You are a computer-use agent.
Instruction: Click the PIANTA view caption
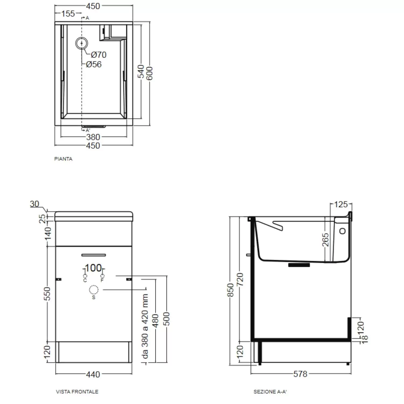[63, 159]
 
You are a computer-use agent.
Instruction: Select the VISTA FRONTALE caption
[77, 392]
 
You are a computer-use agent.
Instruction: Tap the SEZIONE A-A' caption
[270, 392]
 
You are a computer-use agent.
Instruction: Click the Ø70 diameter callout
[99, 55]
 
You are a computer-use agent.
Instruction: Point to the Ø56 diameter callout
[94, 64]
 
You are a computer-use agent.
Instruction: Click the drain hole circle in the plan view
[82, 43]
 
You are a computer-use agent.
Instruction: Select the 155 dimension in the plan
[68, 13]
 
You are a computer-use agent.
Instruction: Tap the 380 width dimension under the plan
[93, 137]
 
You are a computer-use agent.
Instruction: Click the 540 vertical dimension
[141, 71]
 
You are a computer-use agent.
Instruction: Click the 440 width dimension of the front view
[93, 374]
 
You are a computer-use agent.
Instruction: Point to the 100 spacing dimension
[93, 268]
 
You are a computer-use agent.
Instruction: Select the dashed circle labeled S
[93, 290]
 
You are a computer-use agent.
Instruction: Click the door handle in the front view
[93, 255]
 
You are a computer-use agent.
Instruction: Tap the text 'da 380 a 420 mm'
[145, 326]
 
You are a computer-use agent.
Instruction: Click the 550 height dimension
[47, 294]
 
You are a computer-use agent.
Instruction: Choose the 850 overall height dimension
[231, 290]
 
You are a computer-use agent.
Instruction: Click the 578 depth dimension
[300, 374]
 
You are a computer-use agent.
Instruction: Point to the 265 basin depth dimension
[326, 240]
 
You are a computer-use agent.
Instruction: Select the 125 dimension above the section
[341, 204]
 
